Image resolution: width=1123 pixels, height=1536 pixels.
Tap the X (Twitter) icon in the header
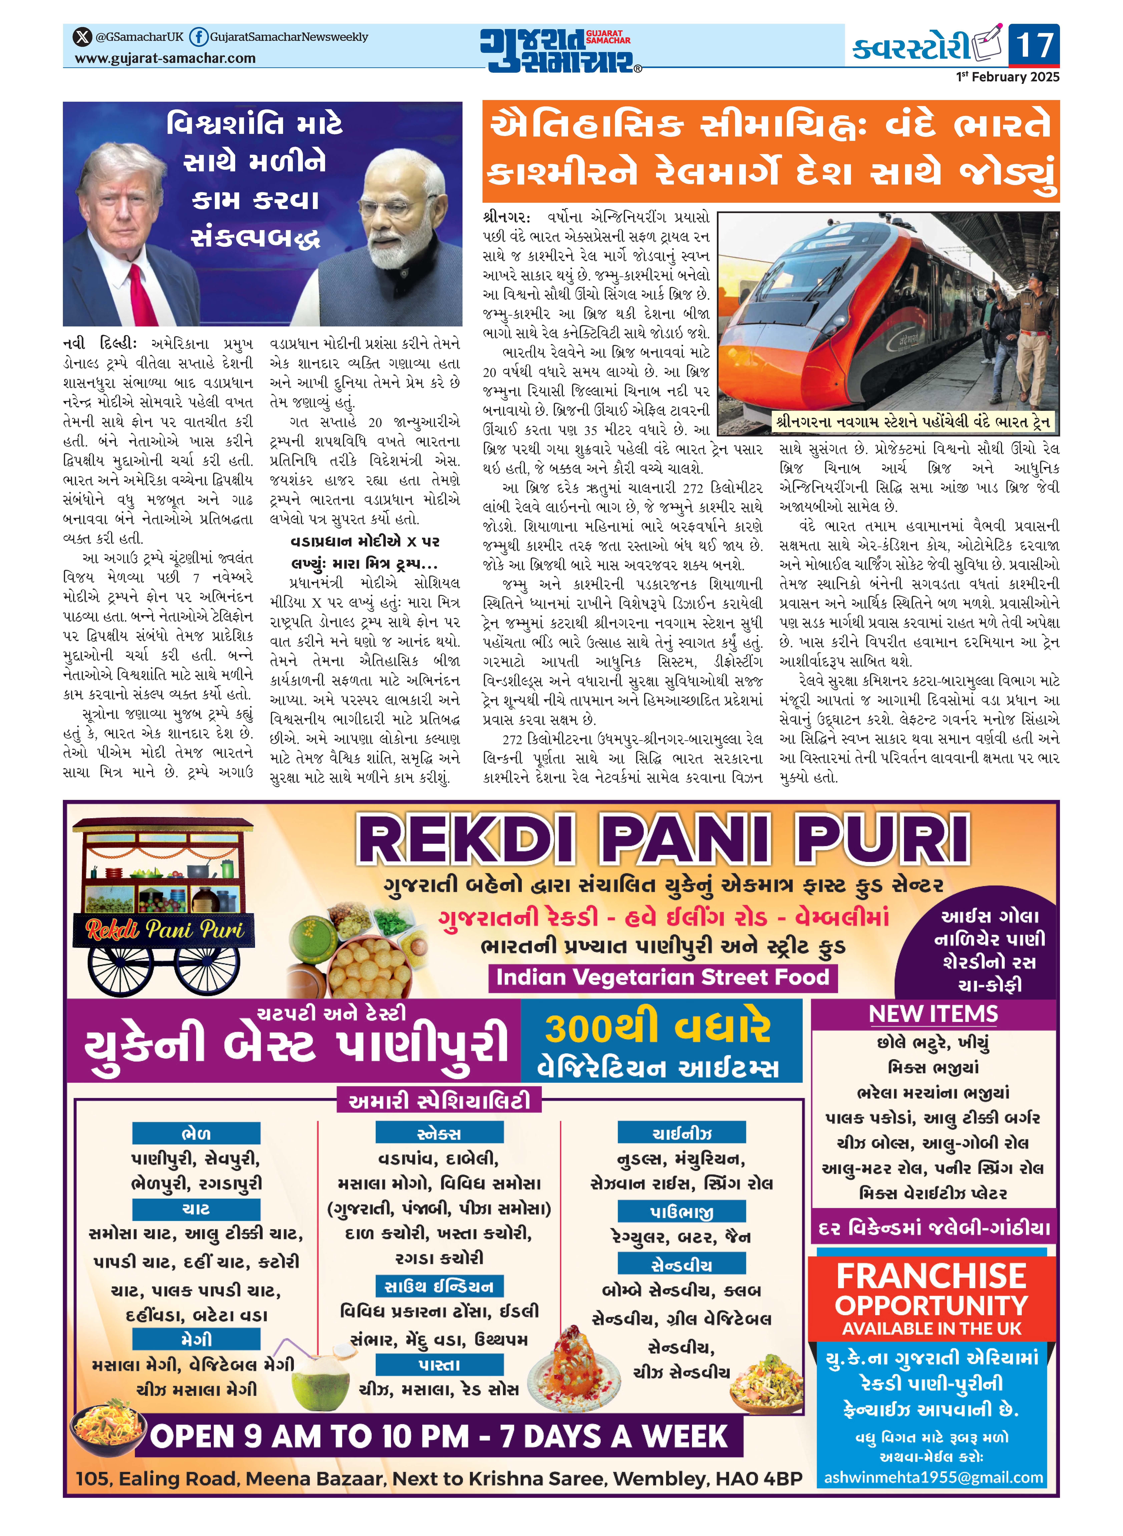point(82,37)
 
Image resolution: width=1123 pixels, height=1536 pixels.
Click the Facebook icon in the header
point(198,37)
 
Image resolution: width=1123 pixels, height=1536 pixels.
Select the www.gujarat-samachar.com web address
point(165,58)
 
